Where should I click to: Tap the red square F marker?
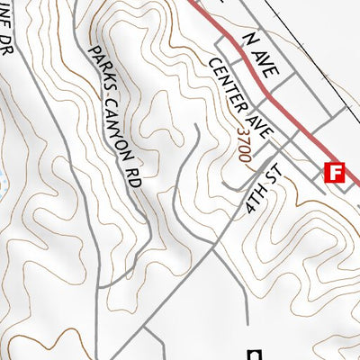(335, 172)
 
